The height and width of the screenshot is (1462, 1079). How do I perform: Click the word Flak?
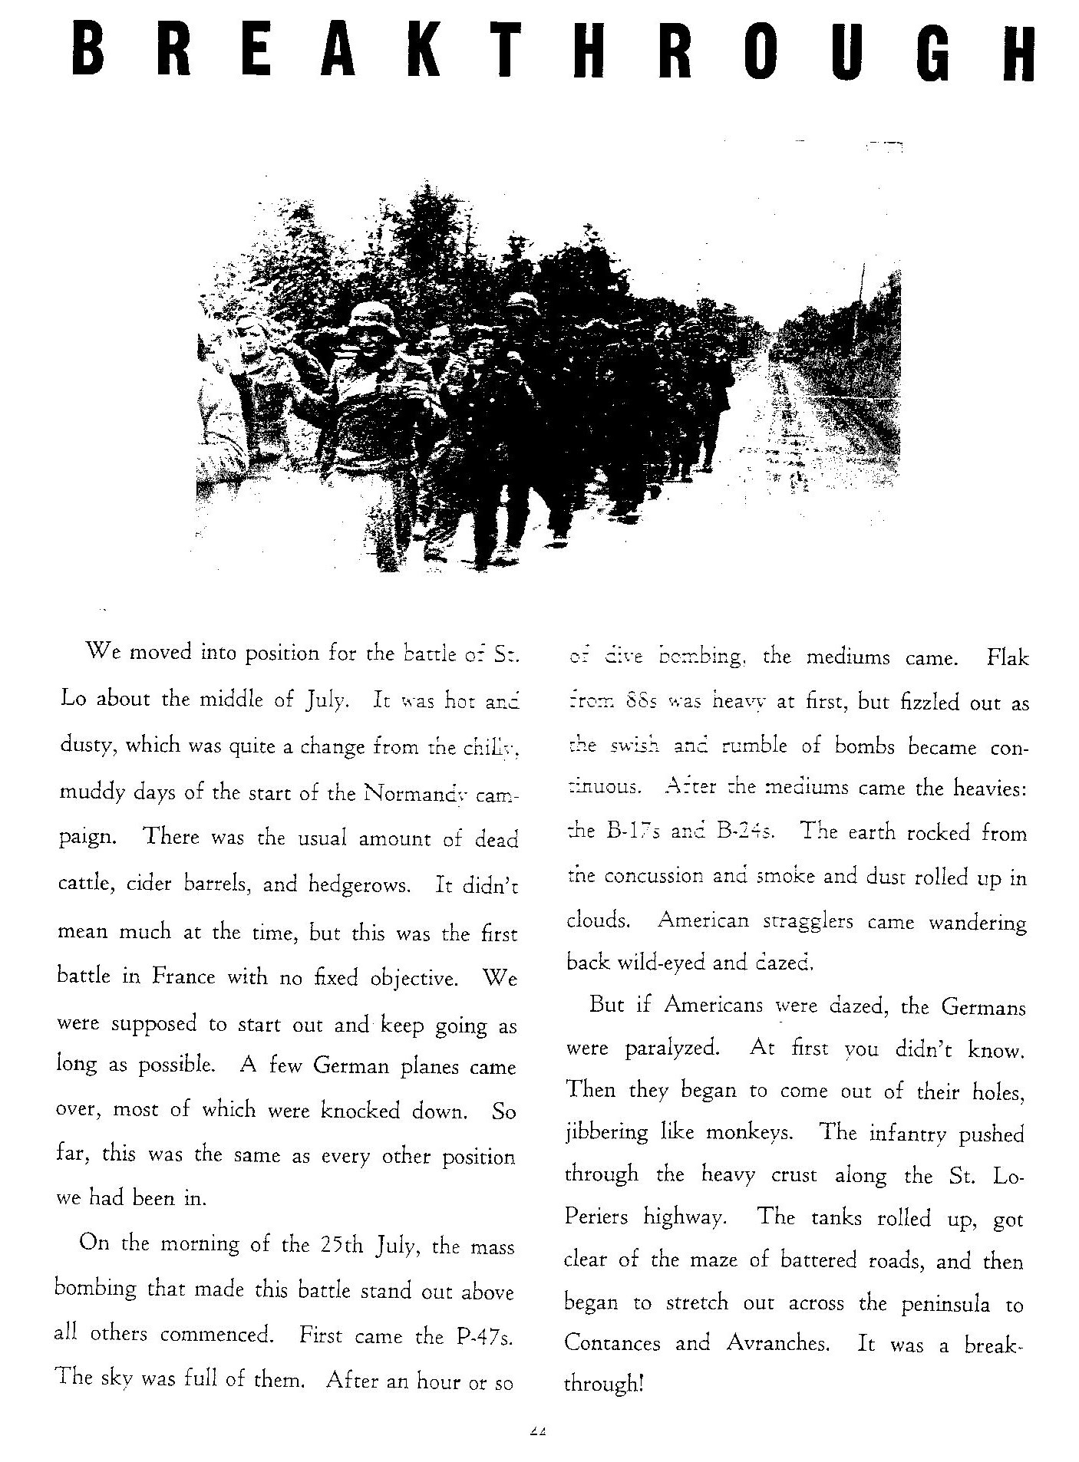pyautogui.click(x=1007, y=657)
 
